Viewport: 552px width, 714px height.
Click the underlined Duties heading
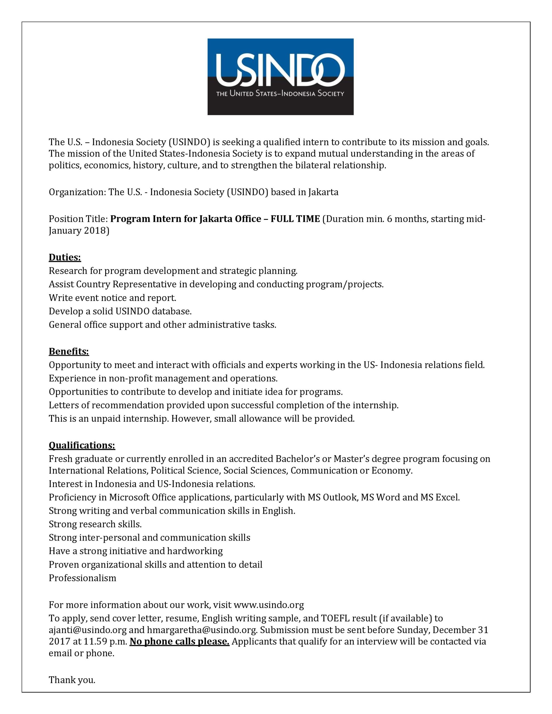[x=65, y=258]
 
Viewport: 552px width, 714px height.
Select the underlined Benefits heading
[x=69, y=351]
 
